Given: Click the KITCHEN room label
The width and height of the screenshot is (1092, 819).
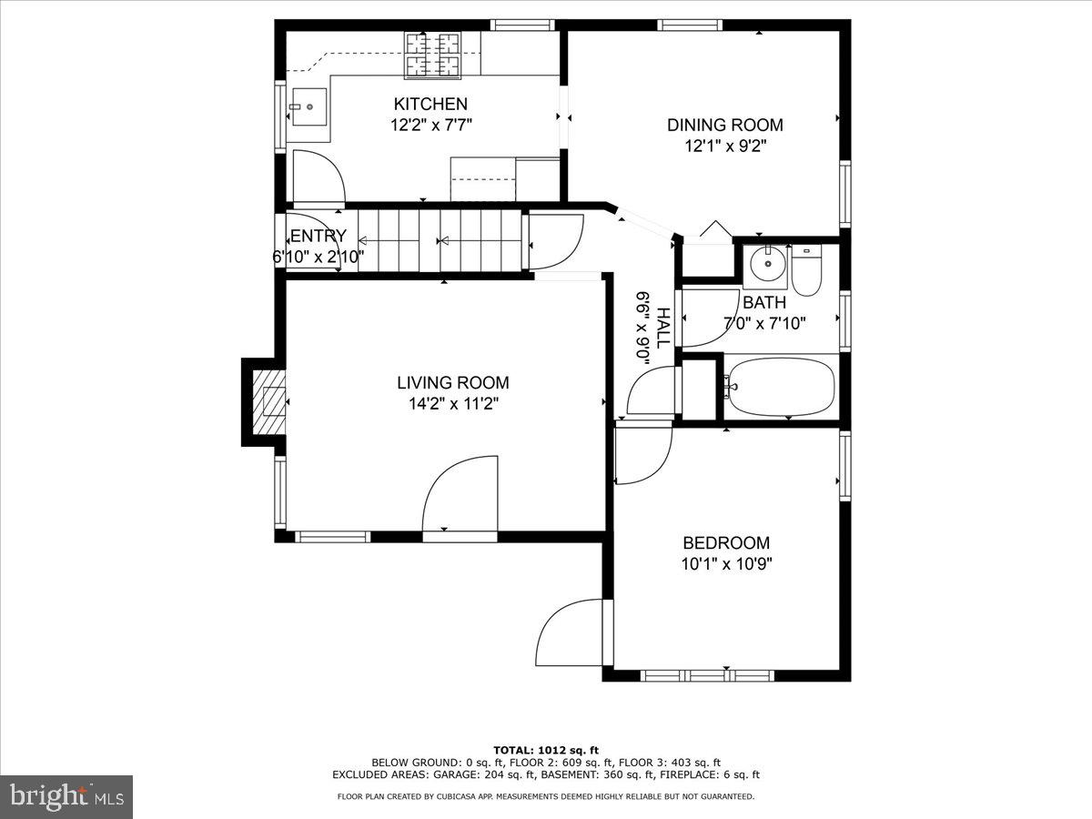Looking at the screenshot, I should (x=430, y=105).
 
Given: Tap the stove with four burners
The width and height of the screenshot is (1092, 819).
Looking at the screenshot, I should (x=433, y=54).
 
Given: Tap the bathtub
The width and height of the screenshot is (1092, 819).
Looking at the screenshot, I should (x=780, y=389).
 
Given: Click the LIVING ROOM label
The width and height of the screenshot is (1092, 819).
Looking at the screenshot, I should (x=452, y=383).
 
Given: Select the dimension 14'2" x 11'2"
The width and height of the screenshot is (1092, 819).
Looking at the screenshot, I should (x=452, y=403).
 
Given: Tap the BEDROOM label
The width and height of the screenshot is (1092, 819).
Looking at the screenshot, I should (x=725, y=543).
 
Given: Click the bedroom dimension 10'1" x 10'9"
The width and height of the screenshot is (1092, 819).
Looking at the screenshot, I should (x=725, y=563).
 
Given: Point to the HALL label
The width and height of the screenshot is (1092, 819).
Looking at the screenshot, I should (x=663, y=328).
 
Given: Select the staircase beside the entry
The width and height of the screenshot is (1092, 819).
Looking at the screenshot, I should (x=440, y=240).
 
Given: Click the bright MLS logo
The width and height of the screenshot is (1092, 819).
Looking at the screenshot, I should (x=66, y=796).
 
